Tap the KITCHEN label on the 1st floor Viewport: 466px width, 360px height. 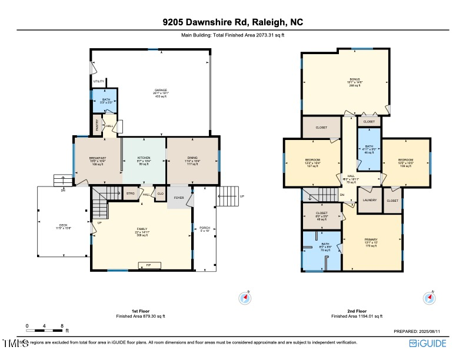click(144, 158)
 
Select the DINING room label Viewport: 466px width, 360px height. click(193, 158)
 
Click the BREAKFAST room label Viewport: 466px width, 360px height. click(97, 158)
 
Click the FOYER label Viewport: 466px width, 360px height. click(179, 198)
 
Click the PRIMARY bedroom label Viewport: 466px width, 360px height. click(371, 239)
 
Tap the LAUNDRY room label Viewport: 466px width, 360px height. click(370, 200)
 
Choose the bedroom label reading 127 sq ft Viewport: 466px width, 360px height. click(312, 161)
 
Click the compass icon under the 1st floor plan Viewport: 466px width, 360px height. click(245, 298)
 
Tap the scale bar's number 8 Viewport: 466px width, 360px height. click(62, 325)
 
